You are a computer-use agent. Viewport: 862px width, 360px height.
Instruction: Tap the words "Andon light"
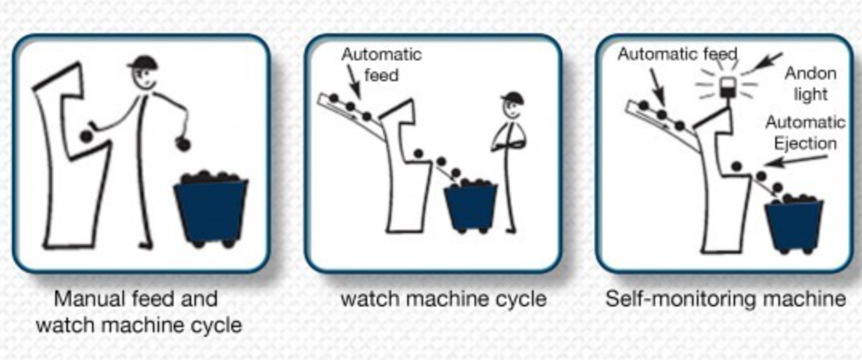point(810,84)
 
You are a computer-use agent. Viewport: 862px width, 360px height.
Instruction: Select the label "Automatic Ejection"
point(805,133)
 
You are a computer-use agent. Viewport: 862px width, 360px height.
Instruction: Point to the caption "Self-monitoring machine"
point(725,298)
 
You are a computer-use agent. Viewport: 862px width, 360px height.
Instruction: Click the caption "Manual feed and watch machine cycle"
point(138,312)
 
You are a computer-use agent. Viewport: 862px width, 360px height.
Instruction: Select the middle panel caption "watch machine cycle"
point(443,299)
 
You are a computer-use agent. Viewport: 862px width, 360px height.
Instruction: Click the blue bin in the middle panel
point(471,206)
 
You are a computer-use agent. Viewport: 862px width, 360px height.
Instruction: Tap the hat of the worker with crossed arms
point(513,97)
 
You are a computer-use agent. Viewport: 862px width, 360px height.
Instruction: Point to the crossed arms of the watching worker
point(509,140)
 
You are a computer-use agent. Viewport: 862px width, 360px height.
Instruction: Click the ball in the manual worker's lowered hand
point(183,144)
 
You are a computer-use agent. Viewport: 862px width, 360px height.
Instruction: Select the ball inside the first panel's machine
point(86,136)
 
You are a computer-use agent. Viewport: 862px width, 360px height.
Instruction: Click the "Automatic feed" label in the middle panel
point(381,65)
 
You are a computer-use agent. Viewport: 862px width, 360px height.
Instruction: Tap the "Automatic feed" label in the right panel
point(677,54)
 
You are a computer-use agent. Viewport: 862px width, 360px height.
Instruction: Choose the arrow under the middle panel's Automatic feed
point(354,82)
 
